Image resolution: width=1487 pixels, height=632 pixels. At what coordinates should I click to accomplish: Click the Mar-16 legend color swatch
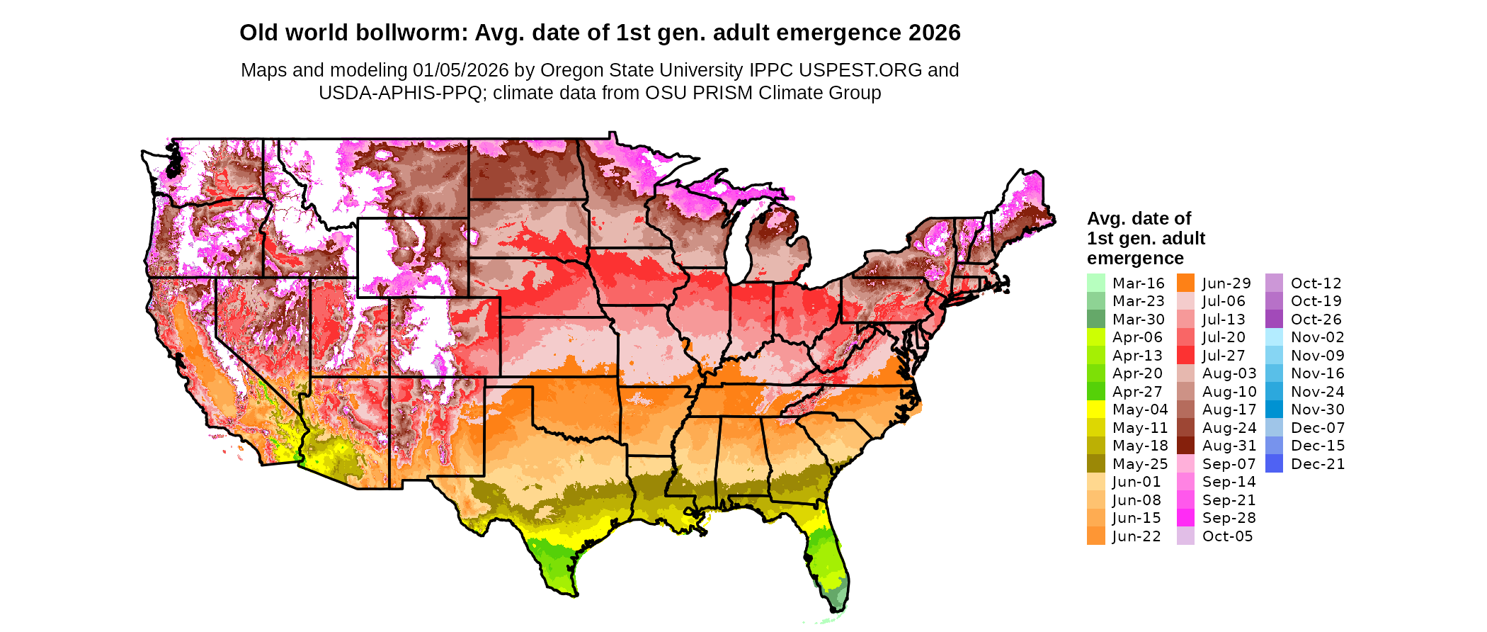pos(1095,283)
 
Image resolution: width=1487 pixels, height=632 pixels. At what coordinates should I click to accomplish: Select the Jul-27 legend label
pos(1224,356)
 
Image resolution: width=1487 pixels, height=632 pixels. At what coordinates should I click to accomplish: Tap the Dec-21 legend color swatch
pos(1274,464)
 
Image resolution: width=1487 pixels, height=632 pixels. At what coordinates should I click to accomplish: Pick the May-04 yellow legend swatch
pos(1095,410)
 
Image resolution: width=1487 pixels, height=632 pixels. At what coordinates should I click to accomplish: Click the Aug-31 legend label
pos(1229,446)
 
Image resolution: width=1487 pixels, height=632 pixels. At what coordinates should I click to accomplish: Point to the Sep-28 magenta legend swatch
pos(1185,518)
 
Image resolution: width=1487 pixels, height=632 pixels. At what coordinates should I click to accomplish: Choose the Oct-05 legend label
pos(1228,536)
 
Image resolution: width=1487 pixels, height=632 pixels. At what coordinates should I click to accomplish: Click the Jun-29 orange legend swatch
pos(1185,283)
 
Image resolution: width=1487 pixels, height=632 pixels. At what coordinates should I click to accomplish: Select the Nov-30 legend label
pos(1318,410)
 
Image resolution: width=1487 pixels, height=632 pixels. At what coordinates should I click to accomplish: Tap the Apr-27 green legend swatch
pos(1095,392)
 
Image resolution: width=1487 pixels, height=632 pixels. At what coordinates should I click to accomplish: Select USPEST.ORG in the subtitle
pos(860,70)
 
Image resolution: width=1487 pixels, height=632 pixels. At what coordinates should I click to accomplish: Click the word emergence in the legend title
pos(1135,259)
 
